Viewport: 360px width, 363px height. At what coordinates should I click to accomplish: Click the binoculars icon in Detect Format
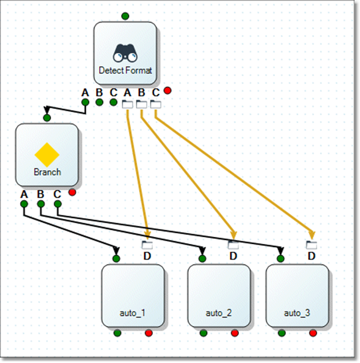pos(125,53)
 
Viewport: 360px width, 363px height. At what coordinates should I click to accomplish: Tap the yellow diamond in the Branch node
pos(47,154)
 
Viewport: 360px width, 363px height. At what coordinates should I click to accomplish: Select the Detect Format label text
pos(125,70)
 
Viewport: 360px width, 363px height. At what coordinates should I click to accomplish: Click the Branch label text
pos(47,172)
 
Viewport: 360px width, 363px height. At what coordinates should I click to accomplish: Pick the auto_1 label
pos(133,313)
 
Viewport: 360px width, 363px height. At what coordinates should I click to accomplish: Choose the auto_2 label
pos(219,313)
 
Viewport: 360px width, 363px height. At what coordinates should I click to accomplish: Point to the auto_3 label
pos(297,313)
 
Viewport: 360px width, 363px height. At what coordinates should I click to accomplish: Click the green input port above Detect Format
pos(125,16)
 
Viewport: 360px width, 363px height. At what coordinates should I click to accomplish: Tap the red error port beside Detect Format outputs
pos(168,91)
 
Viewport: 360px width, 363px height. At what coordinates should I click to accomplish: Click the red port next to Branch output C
pos(72,192)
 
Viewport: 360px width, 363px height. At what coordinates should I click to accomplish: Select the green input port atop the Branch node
pos(47,118)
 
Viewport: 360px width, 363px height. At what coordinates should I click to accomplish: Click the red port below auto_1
pos(149,333)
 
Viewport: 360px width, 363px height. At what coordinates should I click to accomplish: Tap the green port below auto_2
pos(203,333)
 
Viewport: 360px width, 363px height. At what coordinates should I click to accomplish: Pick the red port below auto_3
pos(313,333)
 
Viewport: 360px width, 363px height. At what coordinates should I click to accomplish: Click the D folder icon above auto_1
pos(147,245)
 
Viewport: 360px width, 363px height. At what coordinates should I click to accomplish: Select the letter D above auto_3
pos(311,256)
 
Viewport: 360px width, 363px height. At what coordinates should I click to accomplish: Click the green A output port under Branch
pos(24,204)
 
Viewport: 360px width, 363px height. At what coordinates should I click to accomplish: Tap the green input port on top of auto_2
pos(202,258)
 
